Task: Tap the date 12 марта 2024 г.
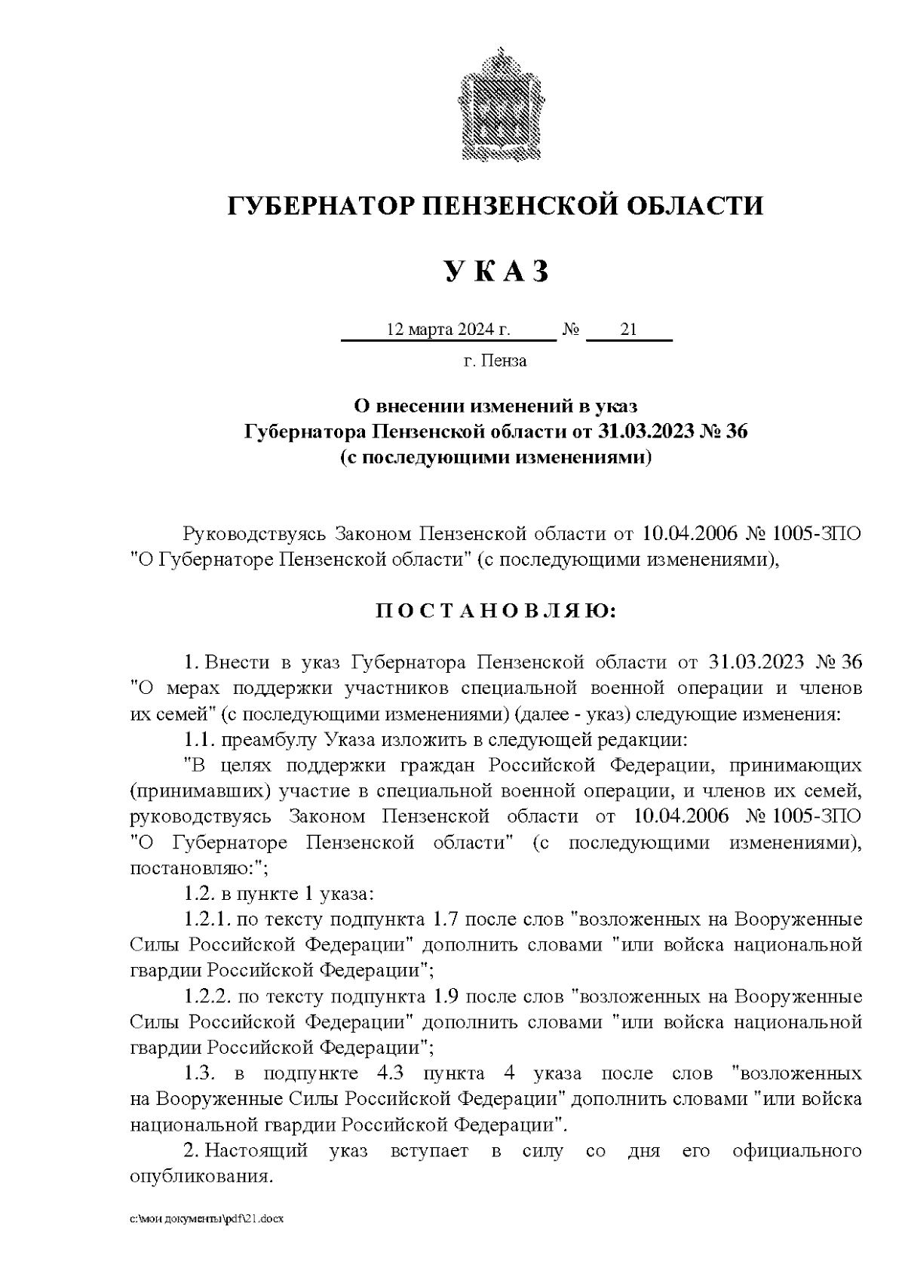tap(448, 330)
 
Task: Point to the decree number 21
tap(628, 330)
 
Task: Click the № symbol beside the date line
tap(571, 330)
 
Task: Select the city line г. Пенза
tap(495, 361)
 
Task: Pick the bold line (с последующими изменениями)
tap(495, 457)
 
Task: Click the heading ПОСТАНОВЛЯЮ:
tap(495, 610)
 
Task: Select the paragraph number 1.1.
tap(200, 740)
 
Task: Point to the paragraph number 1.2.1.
tap(207, 920)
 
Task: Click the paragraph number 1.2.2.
tap(207, 997)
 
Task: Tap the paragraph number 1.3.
tap(200, 1074)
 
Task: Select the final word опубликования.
tap(200, 1177)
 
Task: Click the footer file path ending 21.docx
tap(206, 1219)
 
